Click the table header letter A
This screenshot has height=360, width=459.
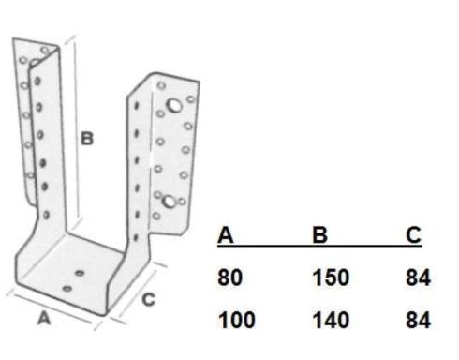point(226,234)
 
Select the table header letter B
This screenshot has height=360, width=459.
point(319,234)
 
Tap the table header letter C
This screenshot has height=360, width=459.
point(414,234)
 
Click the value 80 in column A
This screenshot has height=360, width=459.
point(229,277)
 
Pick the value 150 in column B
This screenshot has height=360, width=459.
point(331,277)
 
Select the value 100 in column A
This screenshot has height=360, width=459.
point(237,321)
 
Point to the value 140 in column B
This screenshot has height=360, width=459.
point(331,321)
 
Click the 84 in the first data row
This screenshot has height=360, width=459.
point(418,277)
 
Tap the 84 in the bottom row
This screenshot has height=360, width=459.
point(418,321)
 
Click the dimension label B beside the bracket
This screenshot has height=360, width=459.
point(87,139)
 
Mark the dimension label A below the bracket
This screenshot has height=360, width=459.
point(44,319)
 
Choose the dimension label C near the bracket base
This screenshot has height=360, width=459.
point(148,300)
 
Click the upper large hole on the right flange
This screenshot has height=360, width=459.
point(174,105)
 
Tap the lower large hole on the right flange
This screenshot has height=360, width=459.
point(170,202)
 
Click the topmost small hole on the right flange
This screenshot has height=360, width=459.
point(161,85)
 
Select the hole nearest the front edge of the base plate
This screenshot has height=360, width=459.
point(67,289)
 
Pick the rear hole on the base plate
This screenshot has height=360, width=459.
point(80,273)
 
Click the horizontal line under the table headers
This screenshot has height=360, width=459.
point(319,246)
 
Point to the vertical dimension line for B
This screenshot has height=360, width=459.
point(76,129)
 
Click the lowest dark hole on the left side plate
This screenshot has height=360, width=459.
point(46,215)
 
